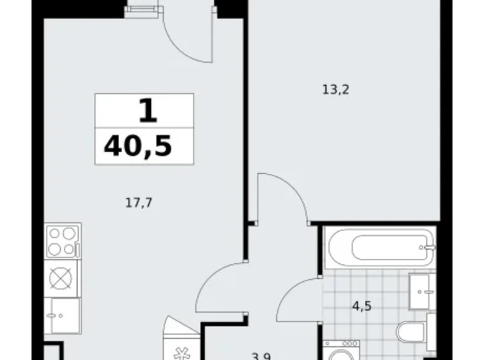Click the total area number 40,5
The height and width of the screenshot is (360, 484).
(138, 146)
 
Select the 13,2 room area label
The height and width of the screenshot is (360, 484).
(336, 89)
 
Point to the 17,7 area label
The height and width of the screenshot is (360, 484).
(137, 200)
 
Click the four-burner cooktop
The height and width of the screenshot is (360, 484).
(63, 241)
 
